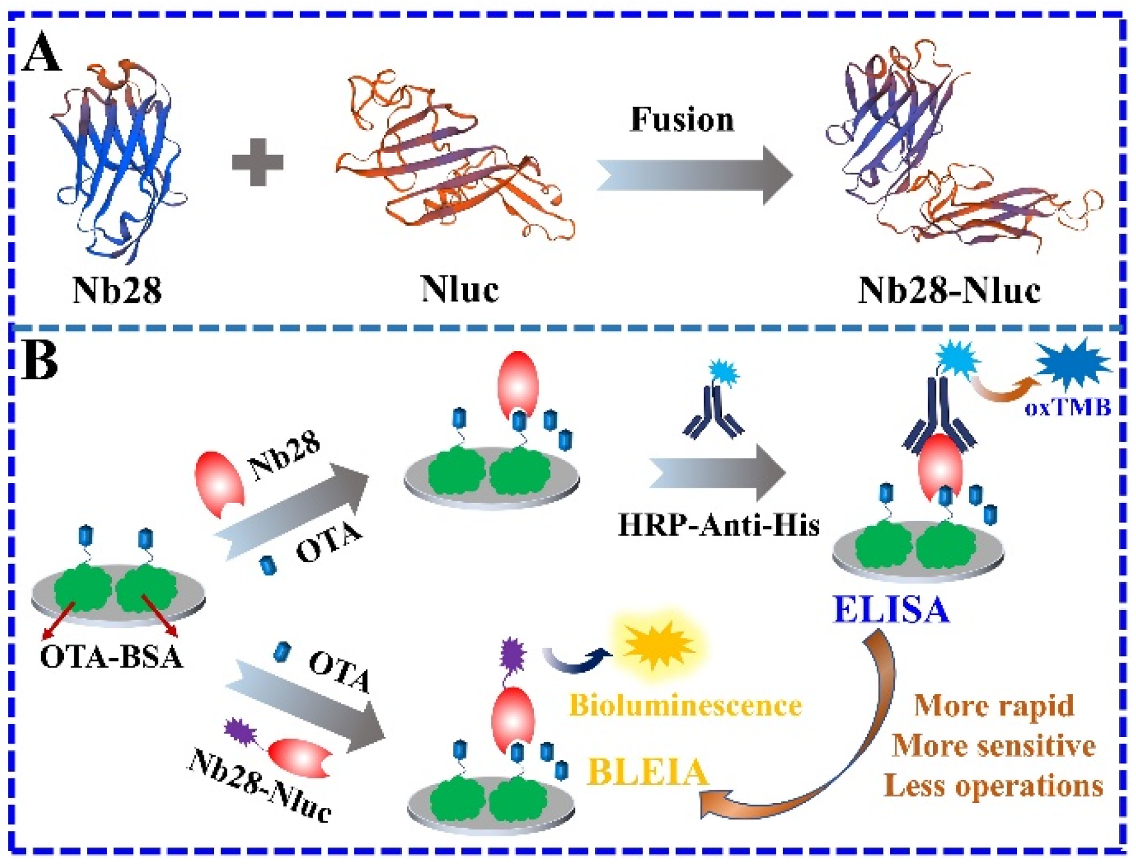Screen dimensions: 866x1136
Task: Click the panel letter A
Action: (x=41, y=53)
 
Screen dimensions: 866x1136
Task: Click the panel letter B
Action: (x=39, y=361)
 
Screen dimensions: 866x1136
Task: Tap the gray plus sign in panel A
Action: (x=258, y=162)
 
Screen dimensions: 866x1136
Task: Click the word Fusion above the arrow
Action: (x=682, y=119)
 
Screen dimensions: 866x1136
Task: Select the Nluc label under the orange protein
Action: (x=459, y=289)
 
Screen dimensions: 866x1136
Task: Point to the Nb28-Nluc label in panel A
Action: (x=949, y=290)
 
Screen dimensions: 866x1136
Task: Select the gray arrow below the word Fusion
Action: (x=695, y=175)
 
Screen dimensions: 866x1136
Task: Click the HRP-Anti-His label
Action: (x=718, y=525)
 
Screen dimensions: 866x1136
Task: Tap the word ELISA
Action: (x=891, y=610)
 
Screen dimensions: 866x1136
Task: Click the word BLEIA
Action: (x=648, y=772)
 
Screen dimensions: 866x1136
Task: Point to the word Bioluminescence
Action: (x=686, y=706)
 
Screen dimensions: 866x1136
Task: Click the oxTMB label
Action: (x=1068, y=408)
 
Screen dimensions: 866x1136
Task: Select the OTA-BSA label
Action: (x=111, y=657)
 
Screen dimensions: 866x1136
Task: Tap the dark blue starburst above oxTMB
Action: (x=1071, y=363)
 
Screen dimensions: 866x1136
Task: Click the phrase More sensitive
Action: (x=993, y=746)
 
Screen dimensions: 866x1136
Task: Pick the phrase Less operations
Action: (x=993, y=786)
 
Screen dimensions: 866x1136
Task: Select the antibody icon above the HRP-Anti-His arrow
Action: (x=713, y=412)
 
